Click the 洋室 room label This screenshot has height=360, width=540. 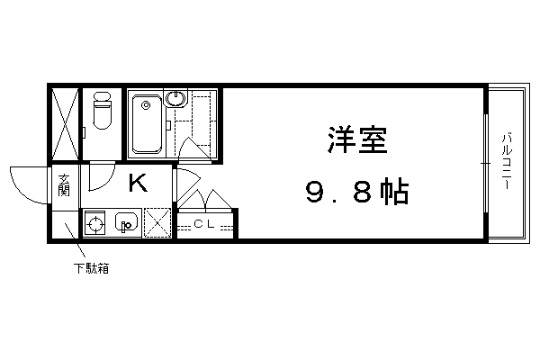point(357,139)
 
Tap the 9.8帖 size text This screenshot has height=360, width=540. point(357,192)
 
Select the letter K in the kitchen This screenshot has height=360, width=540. point(138,183)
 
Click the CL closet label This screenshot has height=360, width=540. point(204,224)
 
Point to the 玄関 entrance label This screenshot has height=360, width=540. point(64,185)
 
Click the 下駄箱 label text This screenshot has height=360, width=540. point(92,268)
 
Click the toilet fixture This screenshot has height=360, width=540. point(103,110)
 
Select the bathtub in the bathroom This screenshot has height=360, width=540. point(147,124)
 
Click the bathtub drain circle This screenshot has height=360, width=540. point(147,105)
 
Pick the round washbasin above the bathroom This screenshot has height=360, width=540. point(175,98)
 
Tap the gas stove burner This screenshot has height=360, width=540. point(94,224)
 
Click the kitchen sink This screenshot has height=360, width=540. point(126,223)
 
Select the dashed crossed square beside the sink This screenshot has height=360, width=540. point(157,223)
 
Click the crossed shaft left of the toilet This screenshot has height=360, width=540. point(65,124)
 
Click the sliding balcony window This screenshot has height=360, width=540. point(486,163)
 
